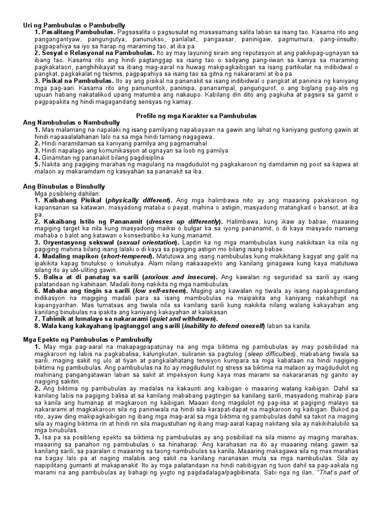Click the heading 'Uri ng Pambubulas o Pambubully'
coord(74,25)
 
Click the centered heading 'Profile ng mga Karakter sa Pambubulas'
coord(196,116)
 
